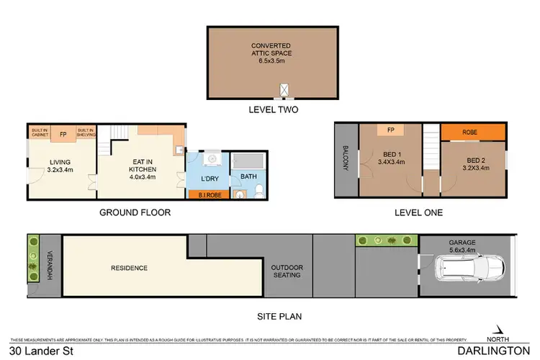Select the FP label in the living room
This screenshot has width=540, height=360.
coord(63,133)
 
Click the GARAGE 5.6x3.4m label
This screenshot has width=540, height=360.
coord(463,247)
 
